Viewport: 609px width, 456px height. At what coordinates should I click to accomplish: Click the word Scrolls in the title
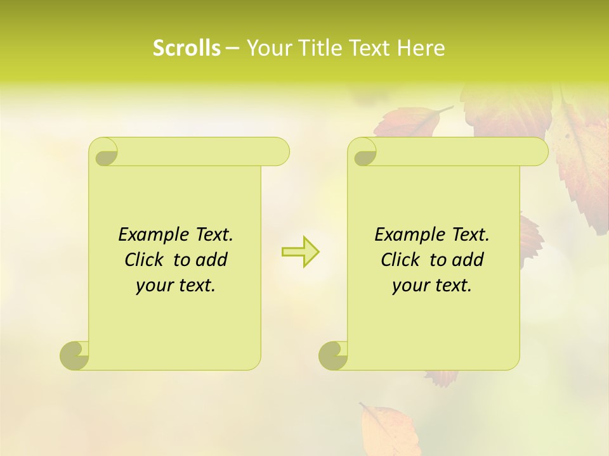pyautogui.click(x=187, y=48)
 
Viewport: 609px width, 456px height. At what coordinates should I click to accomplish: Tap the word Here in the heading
pyautogui.click(x=421, y=48)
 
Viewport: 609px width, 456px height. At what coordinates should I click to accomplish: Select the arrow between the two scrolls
pyautogui.click(x=300, y=252)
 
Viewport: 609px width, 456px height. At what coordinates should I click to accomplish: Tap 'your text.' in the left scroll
pyautogui.click(x=176, y=286)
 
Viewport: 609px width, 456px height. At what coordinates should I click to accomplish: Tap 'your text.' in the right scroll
pyautogui.click(x=432, y=286)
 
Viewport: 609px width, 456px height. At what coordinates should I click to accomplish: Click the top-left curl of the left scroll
pyautogui.click(x=104, y=152)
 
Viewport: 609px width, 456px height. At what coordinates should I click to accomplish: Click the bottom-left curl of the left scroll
pyautogui.click(x=75, y=355)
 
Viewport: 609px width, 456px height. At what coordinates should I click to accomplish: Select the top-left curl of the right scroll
pyautogui.click(x=363, y=152)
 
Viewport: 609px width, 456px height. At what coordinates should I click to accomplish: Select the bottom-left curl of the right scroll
pyautogui.click(x=333, y=355)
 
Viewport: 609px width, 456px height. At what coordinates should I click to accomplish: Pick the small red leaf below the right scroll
pyautogui.click(x=442, y=378)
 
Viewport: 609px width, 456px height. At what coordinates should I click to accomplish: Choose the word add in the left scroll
pyautogui.click(x=211, y=260)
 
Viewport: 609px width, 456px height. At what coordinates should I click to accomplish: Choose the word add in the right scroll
pyautogui.click(x=468, y=260)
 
